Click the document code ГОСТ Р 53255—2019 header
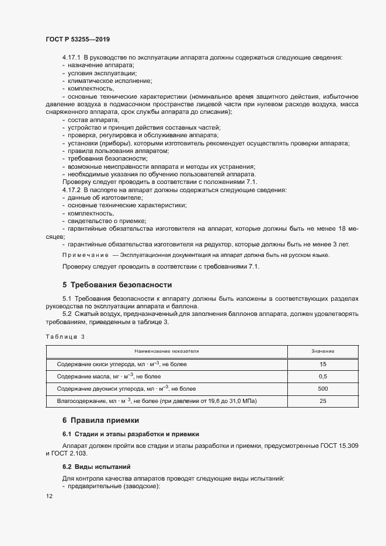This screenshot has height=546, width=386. (77, 39)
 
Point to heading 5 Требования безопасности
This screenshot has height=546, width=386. (117, 285)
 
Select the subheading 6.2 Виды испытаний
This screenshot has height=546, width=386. (97, 467)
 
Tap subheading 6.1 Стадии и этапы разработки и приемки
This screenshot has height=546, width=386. (131, 434)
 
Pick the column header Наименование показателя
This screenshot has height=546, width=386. (167, 352)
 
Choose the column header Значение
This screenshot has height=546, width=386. (322, 352)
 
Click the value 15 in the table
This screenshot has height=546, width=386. (322, 364)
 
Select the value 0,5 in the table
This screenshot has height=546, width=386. (322, 377)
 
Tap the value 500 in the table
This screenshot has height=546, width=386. (322, 389)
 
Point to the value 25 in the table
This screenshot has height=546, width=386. (322, 401)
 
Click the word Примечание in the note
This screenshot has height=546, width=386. (85, 255)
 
